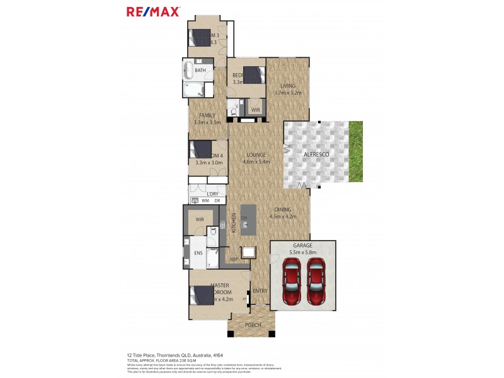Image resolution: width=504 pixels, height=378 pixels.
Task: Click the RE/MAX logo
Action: [153, 11]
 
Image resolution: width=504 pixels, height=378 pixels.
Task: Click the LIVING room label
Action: [289, 86]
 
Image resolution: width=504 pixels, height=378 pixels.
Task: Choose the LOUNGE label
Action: [256, 154]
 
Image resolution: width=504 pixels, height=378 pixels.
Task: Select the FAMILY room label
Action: [208, 115]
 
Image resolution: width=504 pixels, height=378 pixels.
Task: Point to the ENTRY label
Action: [260, 291]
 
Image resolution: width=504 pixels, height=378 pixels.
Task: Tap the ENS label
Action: [198, 253]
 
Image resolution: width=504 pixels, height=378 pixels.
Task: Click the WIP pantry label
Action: [234, 259]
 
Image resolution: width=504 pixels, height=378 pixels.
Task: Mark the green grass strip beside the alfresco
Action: [357, 151]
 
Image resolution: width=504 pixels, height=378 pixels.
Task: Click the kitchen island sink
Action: [244, 220]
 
